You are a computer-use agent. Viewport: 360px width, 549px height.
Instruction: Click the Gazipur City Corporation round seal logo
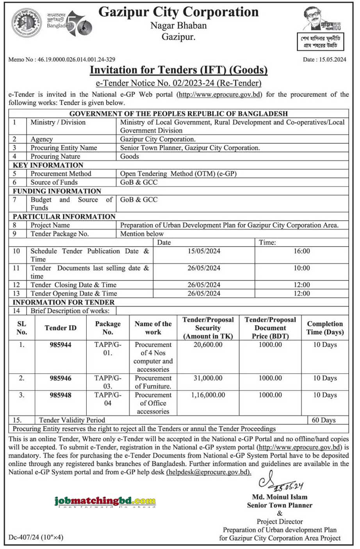click(x=27, y=22)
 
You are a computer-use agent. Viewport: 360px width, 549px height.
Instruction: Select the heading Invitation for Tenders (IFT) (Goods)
click(x=178, y=70)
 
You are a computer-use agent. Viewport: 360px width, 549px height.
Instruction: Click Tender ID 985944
click(x=61, y=345)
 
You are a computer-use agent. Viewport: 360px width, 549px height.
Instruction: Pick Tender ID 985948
click(x=61, y=395)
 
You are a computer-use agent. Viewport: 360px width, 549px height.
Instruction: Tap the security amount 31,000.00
click(x=208, y=378)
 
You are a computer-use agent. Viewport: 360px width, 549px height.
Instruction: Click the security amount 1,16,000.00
click(x=208, y=395)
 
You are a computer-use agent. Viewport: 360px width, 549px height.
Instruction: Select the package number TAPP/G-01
click(x=108, y=349)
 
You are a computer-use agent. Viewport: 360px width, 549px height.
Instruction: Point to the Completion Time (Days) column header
click(x=325, y=328)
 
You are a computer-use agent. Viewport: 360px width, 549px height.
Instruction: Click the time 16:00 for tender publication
click(x=301, y=251)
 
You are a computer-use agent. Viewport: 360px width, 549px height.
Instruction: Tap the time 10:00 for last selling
click(x=301, y=268)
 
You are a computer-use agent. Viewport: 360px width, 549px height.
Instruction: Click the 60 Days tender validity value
click(x=324, y=420)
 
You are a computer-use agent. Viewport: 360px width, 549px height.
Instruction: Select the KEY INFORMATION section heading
click(x=48, y=165)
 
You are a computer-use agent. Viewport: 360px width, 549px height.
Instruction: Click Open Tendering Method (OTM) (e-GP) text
click(x=178, y=174)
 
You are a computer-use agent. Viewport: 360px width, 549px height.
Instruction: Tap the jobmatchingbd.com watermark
click(x=105, y=501)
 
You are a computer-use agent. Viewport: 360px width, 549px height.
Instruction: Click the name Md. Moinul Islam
click(x=280, y=497)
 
